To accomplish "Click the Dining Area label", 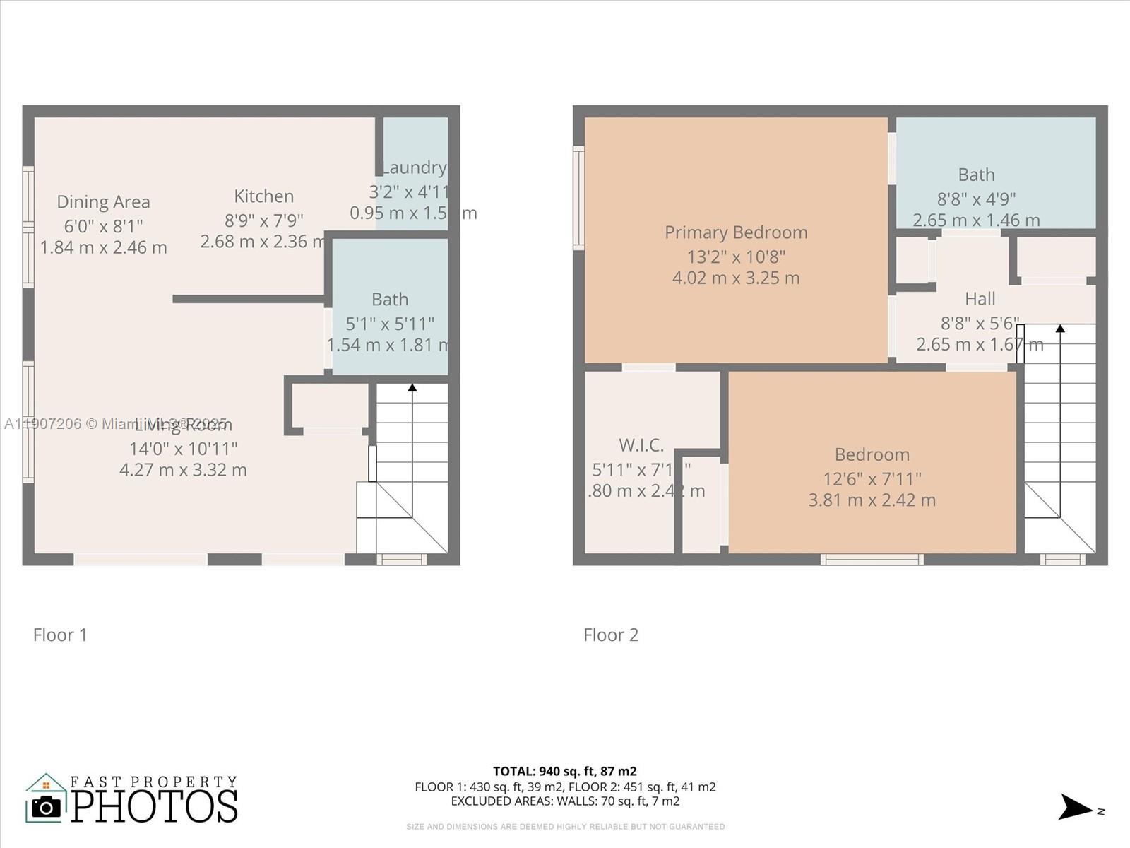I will (x=103, y=202).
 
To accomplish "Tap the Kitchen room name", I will (x=263, y=196).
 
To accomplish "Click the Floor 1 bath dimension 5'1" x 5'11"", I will (x=390, y=324).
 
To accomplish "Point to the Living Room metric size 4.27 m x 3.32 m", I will (x=183, y=470).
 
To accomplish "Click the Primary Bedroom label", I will (x=736, y=232).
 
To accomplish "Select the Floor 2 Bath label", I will (x=976, y=175).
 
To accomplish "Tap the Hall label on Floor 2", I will (x=980, y=299).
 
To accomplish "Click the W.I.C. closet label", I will (x=641, y=445).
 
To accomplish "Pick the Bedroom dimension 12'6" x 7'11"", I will (x=872, y=478).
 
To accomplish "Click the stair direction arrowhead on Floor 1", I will (x=412, y=387).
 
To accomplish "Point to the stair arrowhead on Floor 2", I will (x=1060, y=328).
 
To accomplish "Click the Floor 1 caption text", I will (x=60, y=635).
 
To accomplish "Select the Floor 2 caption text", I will (x=611, y=635).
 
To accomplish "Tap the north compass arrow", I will (x=1076, y=807).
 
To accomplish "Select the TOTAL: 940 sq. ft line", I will (x=565, y=771).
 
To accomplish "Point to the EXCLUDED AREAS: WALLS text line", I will (x=565, y=801).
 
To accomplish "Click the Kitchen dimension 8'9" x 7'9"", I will (x=263, y=220).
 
